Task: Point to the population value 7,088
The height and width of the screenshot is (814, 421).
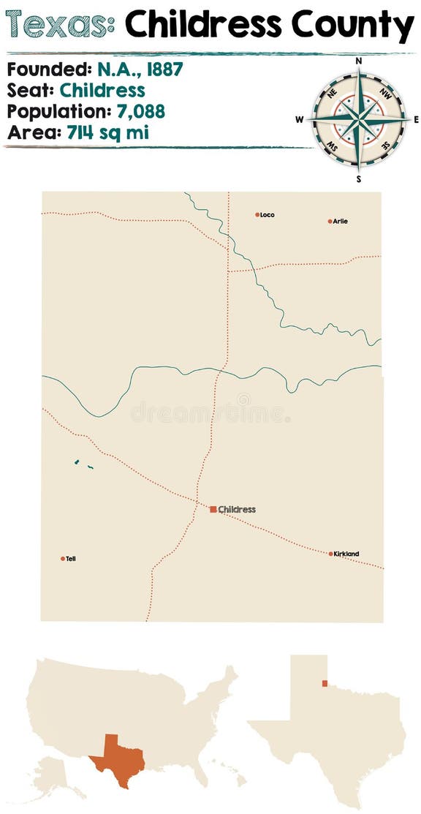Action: coord(140,111)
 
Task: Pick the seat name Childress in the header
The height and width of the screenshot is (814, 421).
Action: coord(102,91)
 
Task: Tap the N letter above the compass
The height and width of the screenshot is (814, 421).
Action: coord(358,62)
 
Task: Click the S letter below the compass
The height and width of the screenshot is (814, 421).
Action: coord(358,178)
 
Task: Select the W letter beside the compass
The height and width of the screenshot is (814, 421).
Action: coord(300,119)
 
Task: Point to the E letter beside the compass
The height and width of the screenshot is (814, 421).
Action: coord(416,119)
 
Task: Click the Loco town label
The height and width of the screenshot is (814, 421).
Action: coord(267,215)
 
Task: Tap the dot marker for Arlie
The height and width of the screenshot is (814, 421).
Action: coord(330,221)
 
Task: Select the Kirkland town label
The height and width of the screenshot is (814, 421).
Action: coord(346,554)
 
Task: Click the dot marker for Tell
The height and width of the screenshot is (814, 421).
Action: coord(63,559)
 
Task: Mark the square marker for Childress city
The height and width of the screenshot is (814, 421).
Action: coord(213,509)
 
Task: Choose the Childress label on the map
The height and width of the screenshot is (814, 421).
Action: coord(237,509)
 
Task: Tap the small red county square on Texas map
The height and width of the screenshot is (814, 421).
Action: coord(324,684)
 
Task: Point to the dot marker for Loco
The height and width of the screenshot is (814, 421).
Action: coord(257,215)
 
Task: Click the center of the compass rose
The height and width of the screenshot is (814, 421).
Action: coord(358,119)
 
